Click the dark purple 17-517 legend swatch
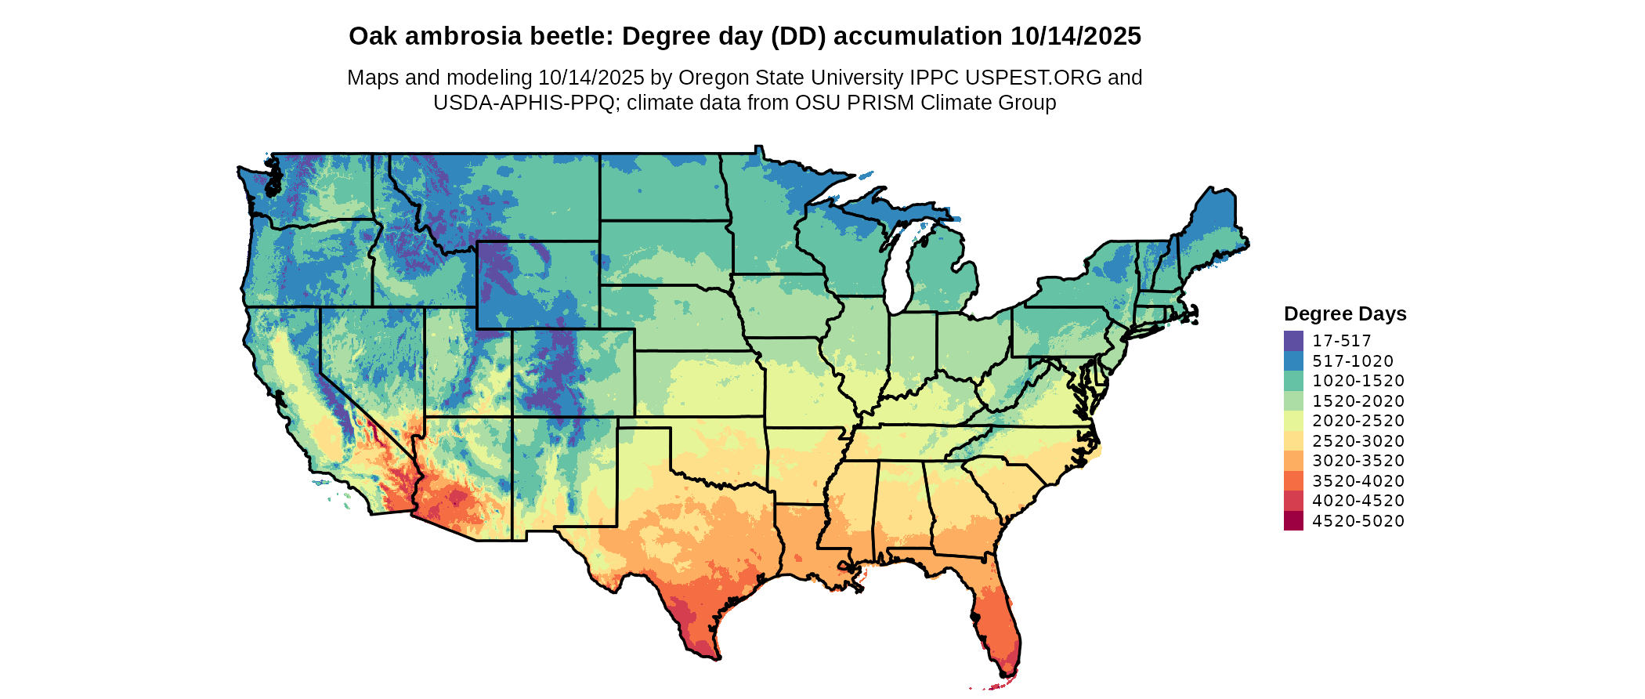tap(1293, 341)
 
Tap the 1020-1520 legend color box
tap(1293, 381)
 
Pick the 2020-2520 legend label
tap(1358, 421)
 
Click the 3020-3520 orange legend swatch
tap(1293, 461)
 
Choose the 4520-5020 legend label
tap(1358, 521)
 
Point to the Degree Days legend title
tap(1345, 313)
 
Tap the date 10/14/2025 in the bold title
tap(1076, 36)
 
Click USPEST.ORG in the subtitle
tap(1033, 78)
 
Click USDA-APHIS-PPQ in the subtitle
tap(524, 103)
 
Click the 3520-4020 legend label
tap(1358, 481)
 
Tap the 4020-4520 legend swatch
tap(1293, 501)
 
